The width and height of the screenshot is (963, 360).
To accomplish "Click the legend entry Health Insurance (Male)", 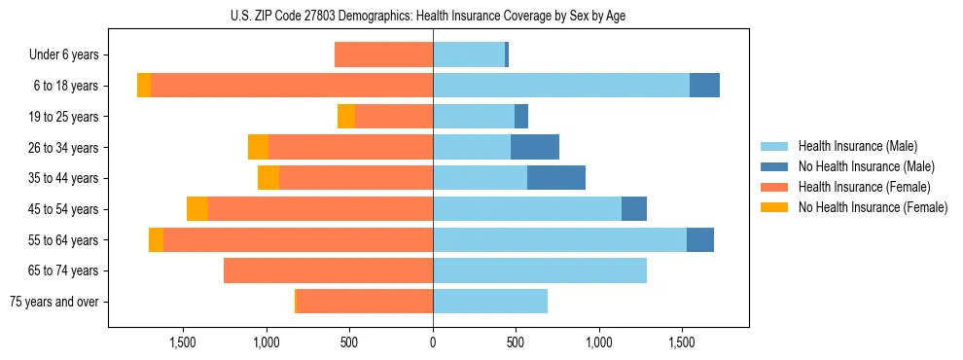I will tap(856, 146).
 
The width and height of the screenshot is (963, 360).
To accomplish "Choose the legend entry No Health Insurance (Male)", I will tap(866, 166).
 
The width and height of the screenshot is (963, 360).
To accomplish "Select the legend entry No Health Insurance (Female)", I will tap(873, 207).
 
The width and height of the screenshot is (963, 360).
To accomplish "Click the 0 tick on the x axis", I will tap(433, 342).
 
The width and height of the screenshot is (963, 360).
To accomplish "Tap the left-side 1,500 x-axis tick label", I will tap(184, 342).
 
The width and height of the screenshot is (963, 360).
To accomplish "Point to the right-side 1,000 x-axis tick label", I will tap(598, 342).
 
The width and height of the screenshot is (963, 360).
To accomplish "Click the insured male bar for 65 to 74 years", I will tap(540, 270).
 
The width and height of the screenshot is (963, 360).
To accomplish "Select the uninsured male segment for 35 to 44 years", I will tap(556, 178).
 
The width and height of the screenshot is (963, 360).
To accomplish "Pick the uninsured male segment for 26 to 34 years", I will tap(535, 147).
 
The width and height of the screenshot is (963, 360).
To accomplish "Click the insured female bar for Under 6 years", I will tap(383, 54).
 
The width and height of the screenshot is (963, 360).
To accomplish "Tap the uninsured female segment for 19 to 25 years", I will tap(346, 117).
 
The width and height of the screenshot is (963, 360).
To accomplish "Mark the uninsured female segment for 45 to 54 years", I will tap(197, 209).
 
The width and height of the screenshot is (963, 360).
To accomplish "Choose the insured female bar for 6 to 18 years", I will tap(292, 86).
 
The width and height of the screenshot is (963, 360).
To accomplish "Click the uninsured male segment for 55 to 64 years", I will tap(700, 239).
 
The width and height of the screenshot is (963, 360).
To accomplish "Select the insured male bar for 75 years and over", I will tap(490, 302).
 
